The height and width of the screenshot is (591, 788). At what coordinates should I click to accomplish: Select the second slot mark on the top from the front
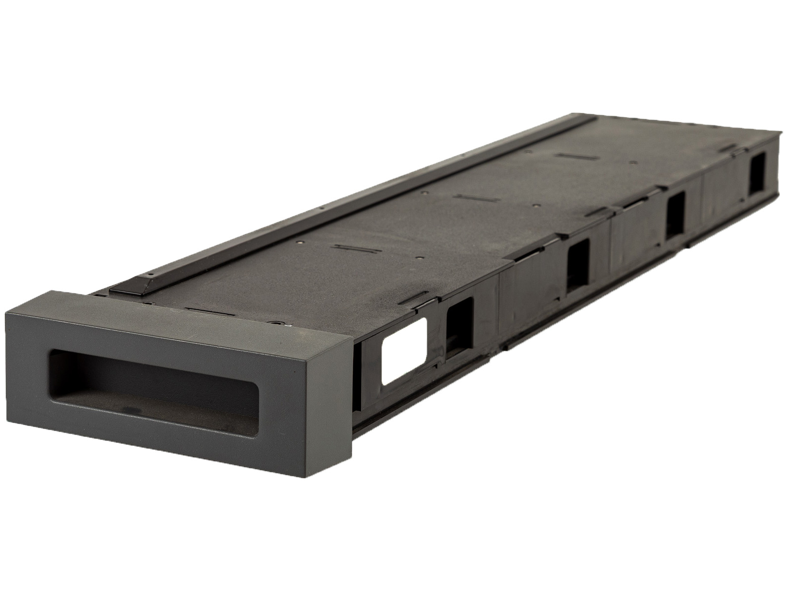coord(351,247)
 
